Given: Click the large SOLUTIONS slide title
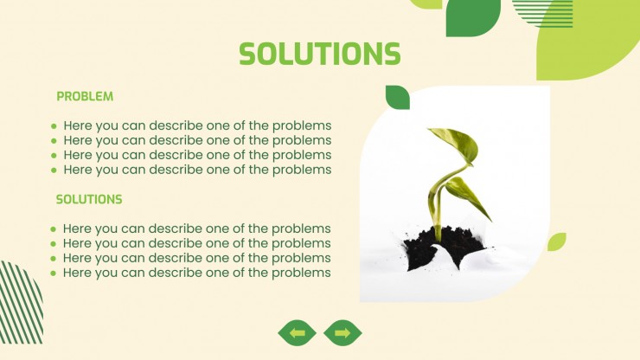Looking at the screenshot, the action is click(320, 54).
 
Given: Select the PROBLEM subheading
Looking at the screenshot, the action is click(85, 96).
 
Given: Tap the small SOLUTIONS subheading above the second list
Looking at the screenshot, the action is click(89, 199).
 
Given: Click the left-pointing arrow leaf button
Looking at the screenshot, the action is click(298, 332).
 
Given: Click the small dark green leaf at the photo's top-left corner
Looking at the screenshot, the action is click(398, 97).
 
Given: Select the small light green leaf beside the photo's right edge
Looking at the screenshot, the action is click(556, 242).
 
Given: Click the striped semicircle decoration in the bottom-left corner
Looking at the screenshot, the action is click(21, 302).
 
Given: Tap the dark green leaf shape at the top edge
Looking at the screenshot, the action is click(472, 17).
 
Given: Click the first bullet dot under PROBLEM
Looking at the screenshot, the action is click(54, 126).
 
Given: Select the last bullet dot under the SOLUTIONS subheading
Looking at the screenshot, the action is click(53, 273).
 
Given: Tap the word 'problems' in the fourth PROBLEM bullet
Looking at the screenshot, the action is click(302, 170).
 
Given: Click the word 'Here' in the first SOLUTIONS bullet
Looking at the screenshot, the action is click(77, 228).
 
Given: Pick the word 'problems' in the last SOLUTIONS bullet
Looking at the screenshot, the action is click(301, 273).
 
